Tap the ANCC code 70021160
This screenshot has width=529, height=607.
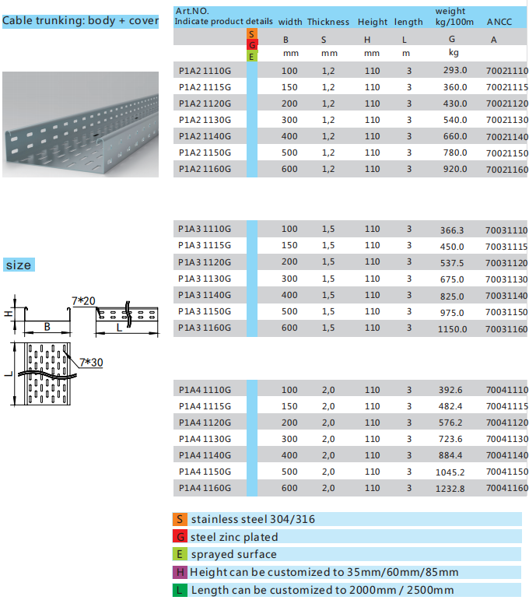506,170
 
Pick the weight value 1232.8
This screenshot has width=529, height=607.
451,489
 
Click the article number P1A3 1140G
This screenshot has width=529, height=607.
205,295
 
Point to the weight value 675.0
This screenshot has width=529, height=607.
452,279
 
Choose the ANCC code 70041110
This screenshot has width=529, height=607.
506,391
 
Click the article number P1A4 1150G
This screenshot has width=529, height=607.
205,472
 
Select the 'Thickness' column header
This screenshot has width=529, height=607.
328,22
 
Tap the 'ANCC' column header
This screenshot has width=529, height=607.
499,22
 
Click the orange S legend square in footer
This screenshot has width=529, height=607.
180,519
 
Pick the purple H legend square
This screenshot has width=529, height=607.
180,572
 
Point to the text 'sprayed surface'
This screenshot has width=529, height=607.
233,554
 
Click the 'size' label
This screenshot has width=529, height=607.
19,265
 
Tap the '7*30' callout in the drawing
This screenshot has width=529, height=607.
91,362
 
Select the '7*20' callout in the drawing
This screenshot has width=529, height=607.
83,300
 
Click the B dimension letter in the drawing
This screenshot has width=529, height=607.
47,327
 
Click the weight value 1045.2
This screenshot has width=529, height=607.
451,472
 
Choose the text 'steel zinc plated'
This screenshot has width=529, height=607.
234,537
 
